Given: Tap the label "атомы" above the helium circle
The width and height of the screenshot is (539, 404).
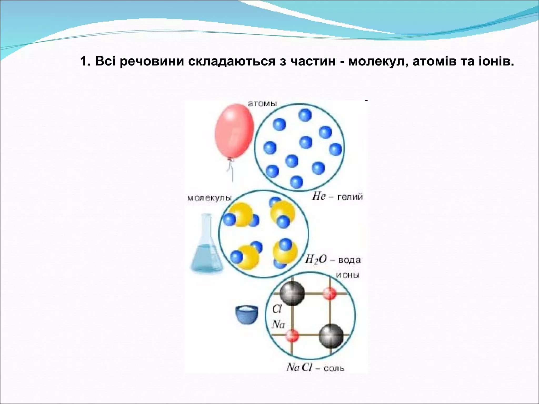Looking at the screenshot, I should click(262, 103).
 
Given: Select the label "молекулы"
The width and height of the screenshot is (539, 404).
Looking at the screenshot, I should click(209, 198).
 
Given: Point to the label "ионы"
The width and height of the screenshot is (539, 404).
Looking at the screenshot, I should click(348, 275).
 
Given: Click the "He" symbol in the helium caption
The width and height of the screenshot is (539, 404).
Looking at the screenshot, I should click(319, 196).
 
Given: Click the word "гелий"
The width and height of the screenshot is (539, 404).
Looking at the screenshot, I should click(350, 197).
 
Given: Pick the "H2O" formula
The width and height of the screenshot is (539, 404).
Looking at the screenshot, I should click(316, 260).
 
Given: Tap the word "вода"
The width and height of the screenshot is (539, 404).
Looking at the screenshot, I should click(349, 260).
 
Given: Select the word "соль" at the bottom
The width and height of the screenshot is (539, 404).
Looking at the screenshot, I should click(334, 368).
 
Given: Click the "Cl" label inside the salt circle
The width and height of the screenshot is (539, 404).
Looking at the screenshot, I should click(277, 309).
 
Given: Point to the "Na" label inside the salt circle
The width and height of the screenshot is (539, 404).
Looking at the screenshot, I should click(278, 324).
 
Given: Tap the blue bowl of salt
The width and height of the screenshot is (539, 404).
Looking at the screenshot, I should click(246, 315).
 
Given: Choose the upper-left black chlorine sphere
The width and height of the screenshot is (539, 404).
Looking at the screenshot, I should click(292, 293).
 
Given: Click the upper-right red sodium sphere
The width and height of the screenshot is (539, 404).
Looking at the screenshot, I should click(330, 293).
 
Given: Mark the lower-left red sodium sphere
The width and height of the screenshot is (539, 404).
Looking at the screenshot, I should click(292, 336).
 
